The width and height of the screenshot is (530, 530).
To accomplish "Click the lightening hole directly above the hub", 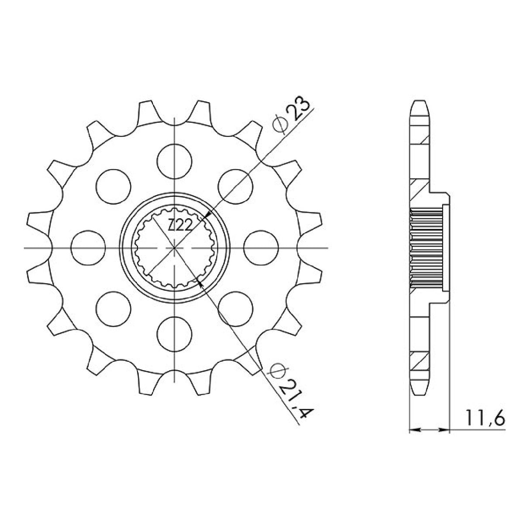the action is pyautogui.click(x=174, y=161).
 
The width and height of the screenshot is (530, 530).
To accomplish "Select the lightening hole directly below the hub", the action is pyautogui.click(x=174, y=334).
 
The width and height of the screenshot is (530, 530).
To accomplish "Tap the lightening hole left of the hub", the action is pyautogui.click(x=88, y=248).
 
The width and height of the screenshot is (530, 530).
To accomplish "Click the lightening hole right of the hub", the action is pyautogui.click(x=261, y=248).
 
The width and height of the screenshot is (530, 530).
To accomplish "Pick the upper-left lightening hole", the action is pyautogui.click(x=114, y=186).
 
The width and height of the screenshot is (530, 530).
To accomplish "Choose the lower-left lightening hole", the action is pyautogui.click(x=114, y=309).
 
